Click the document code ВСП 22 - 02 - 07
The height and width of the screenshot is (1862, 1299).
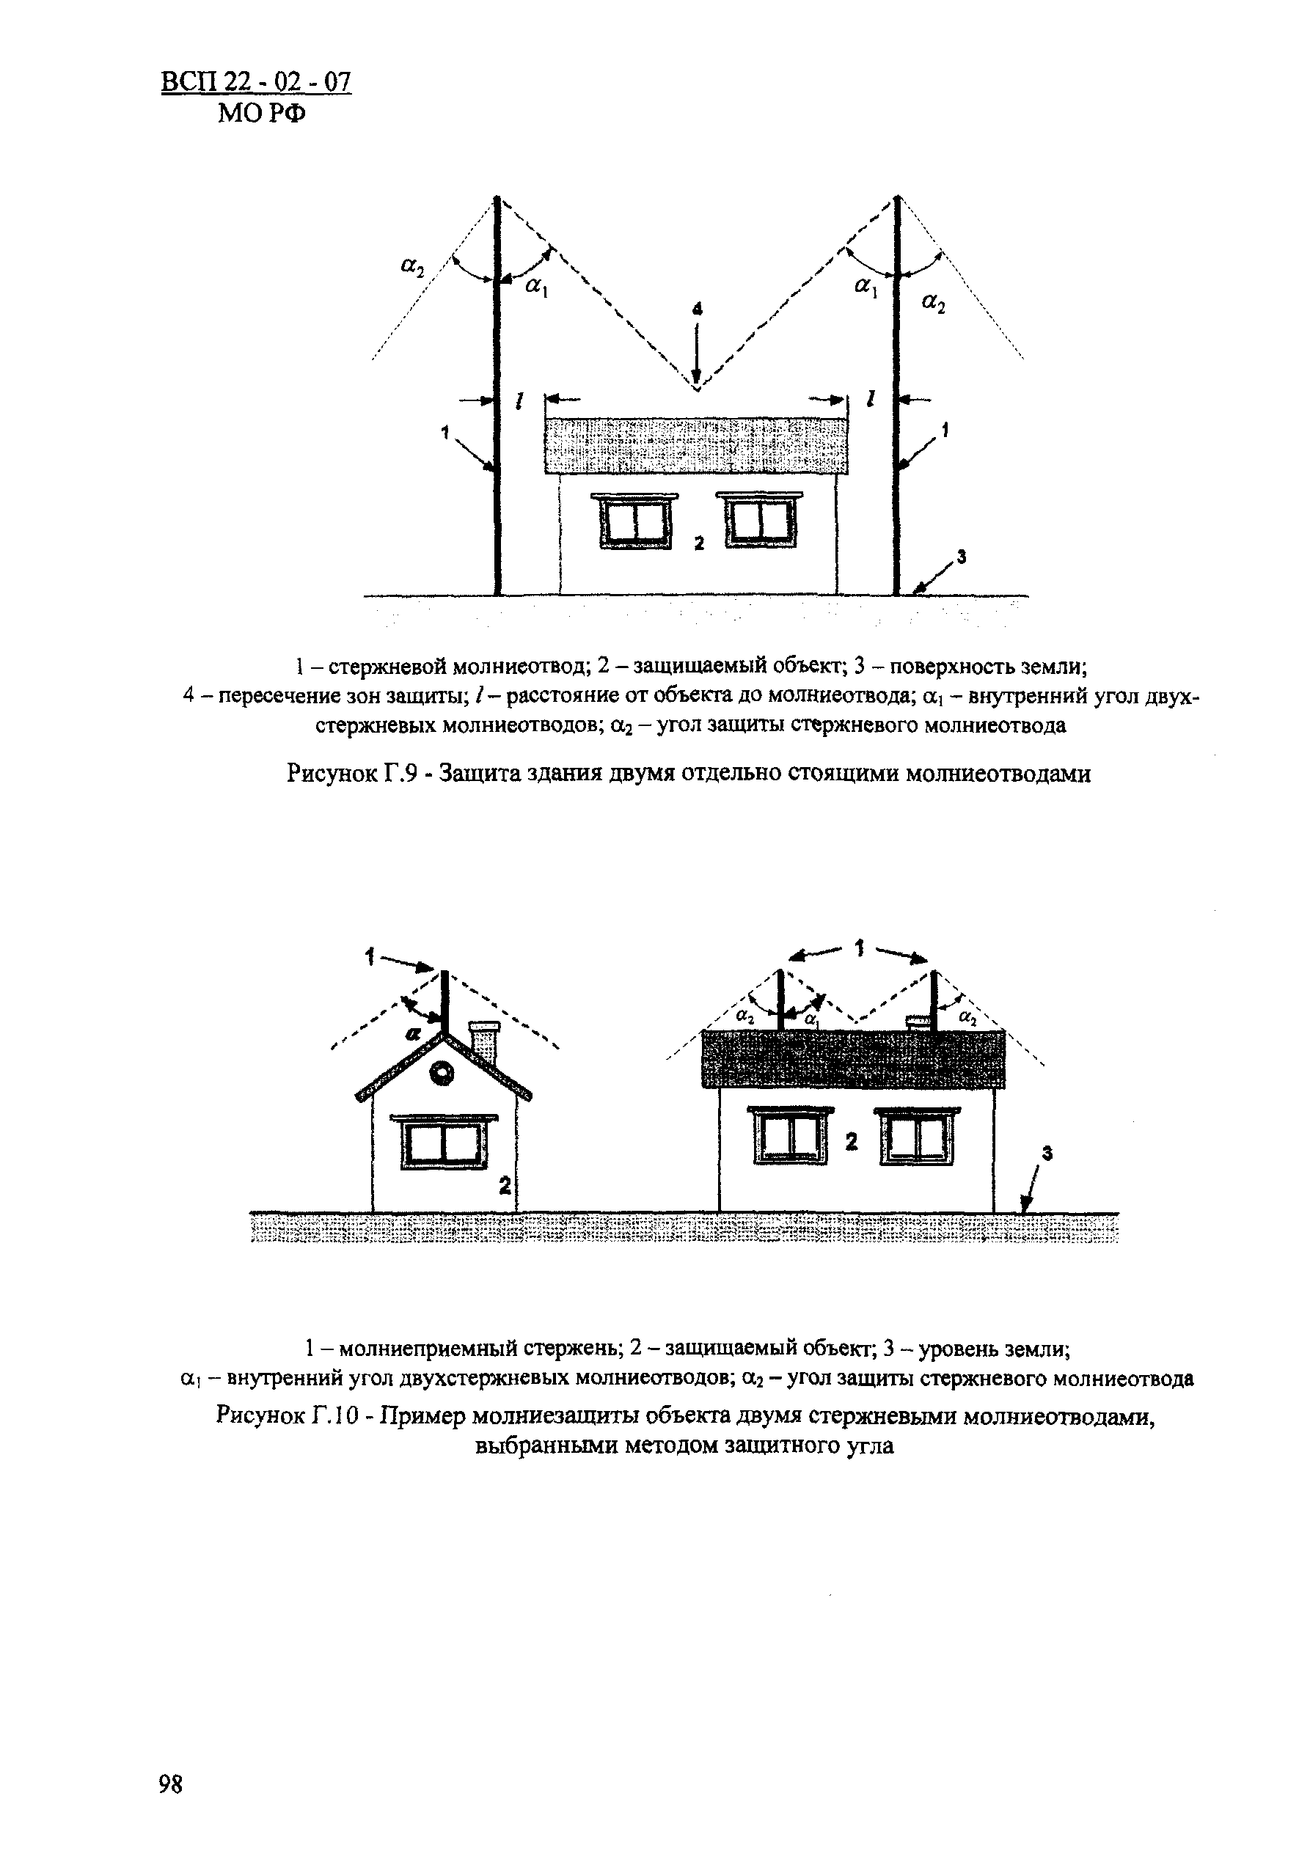(x=256, y=83)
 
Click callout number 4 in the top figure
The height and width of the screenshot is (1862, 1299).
(x=697, y=308)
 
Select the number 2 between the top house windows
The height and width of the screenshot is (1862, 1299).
(x=699, y=543)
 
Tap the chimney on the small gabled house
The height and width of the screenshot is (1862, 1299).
(x=484, y=1042)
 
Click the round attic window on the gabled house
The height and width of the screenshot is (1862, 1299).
(x=444, y=1074)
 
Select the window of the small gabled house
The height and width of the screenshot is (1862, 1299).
(x=444, y=1142)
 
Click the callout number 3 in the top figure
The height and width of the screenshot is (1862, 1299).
(x=961, y=557)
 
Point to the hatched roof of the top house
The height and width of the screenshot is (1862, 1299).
(x=698, y=445)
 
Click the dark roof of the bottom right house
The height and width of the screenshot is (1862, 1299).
(x=852, y=1058)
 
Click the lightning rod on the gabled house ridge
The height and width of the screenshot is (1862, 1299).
(x=444, y=1000)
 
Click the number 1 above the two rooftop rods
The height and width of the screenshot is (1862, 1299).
(x=860, y=948)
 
